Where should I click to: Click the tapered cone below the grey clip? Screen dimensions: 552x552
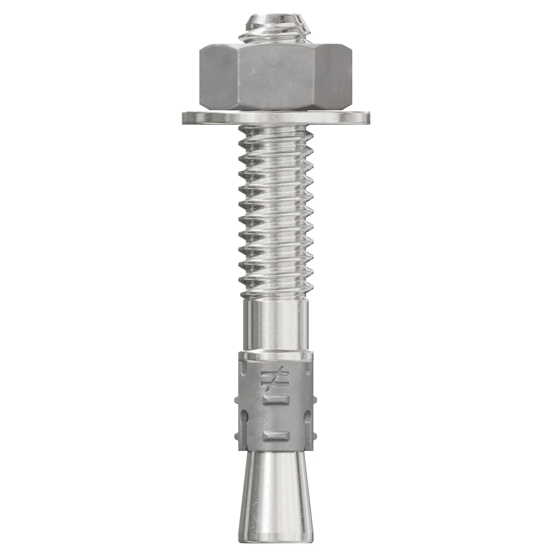tap(276, 491)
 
